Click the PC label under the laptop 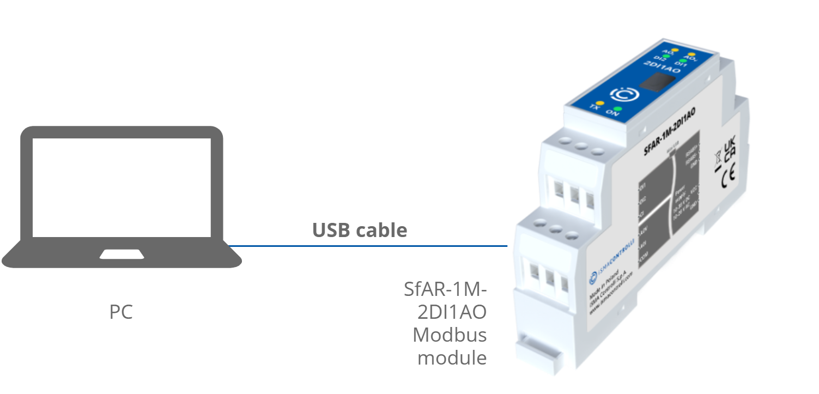pos(121,313)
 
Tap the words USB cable pos(359,230)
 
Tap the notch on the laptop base pos(121,254)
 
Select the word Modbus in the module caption pos(449,334)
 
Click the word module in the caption pos(452,357)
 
